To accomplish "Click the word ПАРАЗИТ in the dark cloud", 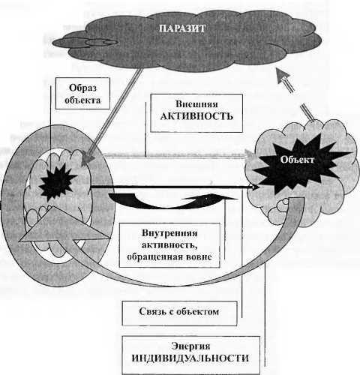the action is point(182,28).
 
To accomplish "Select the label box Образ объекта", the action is point(82,93).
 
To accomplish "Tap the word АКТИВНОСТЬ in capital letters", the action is point(196,116).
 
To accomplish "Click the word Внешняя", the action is point(196,103).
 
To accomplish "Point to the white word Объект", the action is point(297,160).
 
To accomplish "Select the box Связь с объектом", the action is point(179,313).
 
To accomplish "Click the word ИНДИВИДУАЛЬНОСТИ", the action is point(190,358).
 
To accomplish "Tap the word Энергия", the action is point(190,346).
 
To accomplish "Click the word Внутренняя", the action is point(169,233).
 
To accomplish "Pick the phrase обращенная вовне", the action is point(169,256).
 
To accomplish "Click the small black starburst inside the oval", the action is point(58,182).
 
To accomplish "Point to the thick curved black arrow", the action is point(172,201).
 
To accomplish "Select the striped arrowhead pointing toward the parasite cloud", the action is point(283,77).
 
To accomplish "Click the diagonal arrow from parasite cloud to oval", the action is point(112,118).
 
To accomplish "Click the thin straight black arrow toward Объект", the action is point(175,187).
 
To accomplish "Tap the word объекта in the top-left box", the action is point(82,100).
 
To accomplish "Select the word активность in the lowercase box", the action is point(169,245).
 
